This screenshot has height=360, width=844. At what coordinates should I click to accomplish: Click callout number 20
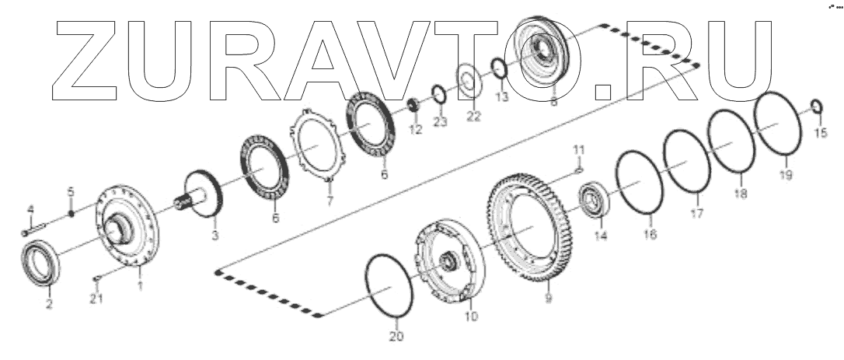click(x=396, y=337)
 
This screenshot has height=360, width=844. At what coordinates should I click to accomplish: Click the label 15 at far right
click(x=821, y=133)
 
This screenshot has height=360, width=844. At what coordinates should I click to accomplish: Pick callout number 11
click(x=578, y=149)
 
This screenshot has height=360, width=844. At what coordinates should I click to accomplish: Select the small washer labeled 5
click(x=70, y=214)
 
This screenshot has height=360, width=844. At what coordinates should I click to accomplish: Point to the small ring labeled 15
click(x=817, y=105)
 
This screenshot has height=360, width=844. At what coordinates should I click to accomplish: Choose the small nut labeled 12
click(x=415, y=103)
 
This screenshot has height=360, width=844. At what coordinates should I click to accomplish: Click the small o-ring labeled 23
click(x=438, y=95)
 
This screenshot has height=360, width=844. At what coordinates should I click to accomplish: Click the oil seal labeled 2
click(x=38, y=264)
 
